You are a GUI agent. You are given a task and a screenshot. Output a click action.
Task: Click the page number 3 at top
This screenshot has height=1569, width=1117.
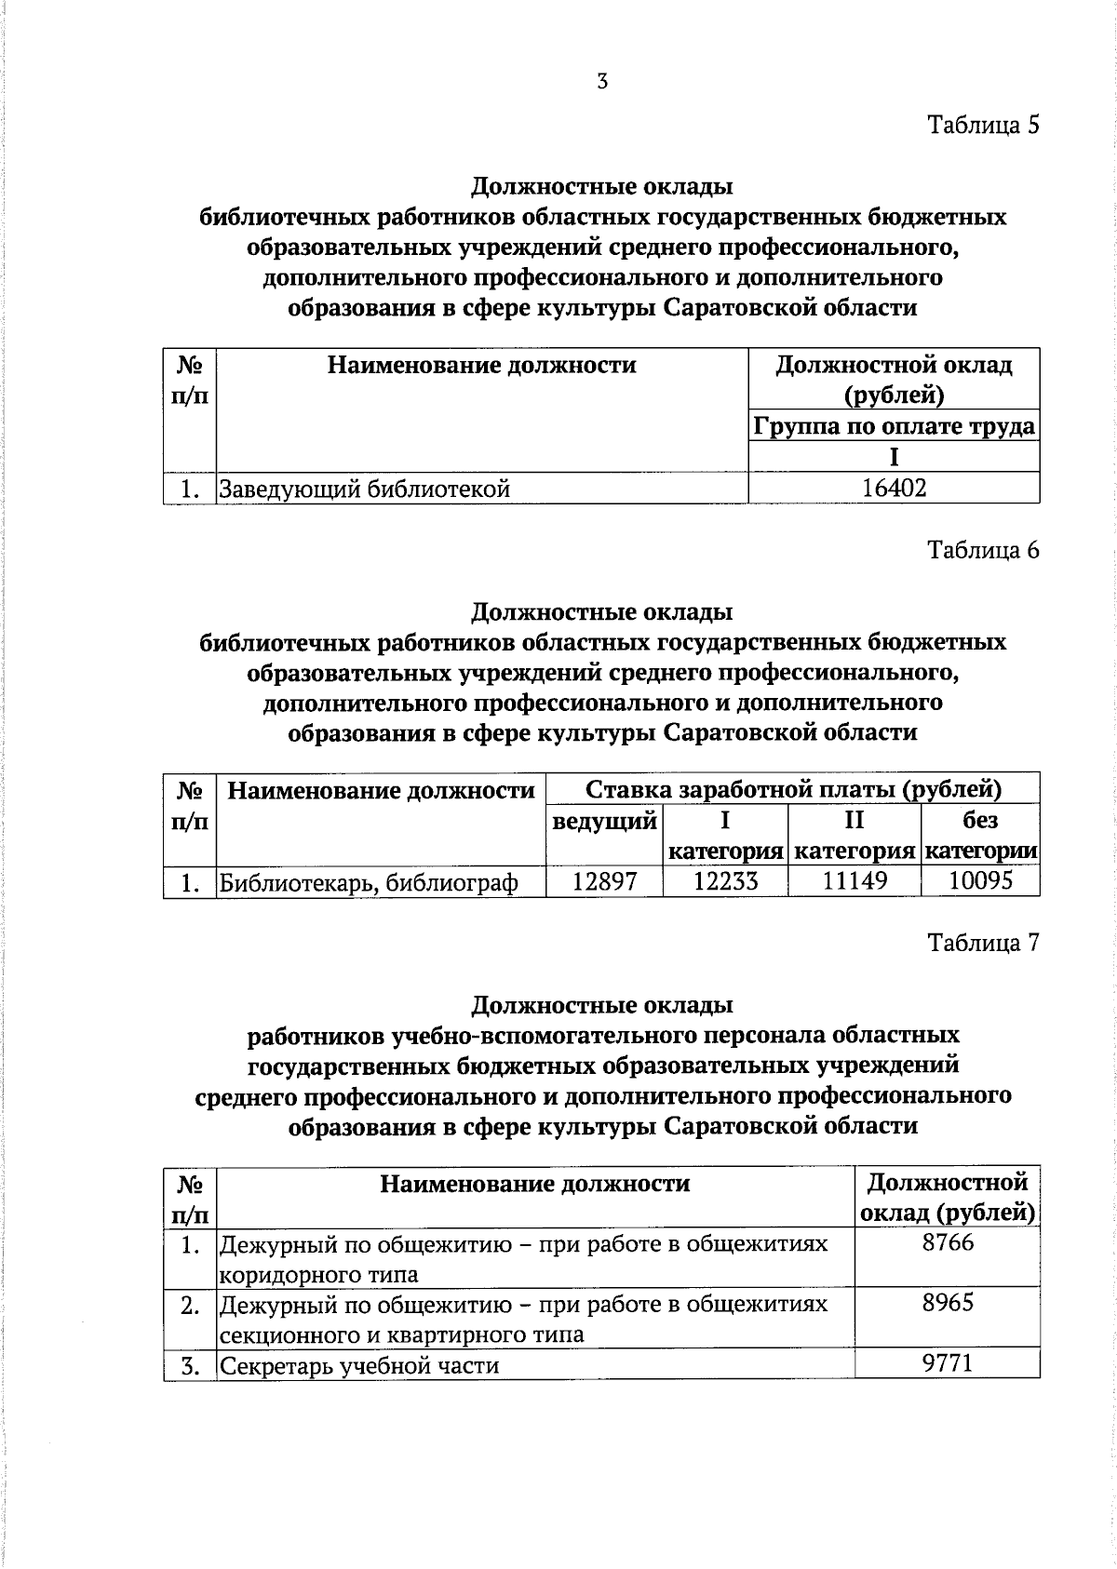602,82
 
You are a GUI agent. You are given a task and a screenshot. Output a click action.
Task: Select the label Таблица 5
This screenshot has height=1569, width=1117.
982,125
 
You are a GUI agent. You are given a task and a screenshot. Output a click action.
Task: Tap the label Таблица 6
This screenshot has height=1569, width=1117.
982,550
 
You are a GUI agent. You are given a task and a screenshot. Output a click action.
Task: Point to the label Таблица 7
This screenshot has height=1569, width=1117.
982,943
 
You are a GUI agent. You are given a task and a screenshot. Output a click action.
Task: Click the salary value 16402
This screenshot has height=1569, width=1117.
894,488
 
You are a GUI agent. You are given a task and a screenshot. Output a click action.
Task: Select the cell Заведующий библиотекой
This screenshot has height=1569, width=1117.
364,488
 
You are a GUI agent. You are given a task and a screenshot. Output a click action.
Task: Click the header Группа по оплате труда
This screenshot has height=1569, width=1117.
894,426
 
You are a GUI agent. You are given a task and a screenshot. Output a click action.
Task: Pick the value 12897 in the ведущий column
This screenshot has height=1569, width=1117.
604,881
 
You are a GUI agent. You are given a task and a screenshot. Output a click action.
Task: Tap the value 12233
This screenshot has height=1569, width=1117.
725,881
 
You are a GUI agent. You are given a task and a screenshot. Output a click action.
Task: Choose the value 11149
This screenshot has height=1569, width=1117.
855,881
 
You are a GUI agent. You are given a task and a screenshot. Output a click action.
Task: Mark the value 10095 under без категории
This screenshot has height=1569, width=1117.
980,880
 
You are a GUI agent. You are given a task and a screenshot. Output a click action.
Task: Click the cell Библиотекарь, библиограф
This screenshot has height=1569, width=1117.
368,882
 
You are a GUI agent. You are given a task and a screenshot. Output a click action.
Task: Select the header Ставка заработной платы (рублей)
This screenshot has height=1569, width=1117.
793,790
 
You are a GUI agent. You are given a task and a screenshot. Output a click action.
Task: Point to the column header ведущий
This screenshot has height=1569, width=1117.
604,822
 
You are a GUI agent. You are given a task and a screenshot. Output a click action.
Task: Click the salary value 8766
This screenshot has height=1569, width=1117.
948,1242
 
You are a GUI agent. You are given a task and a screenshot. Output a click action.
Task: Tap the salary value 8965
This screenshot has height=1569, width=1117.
948,1303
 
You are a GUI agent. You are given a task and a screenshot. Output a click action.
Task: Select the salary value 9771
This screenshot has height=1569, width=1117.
948,1363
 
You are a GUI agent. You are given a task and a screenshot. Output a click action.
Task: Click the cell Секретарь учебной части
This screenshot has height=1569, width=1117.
359,1365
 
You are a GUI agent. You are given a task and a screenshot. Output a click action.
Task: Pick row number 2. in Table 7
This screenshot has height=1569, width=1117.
190,1305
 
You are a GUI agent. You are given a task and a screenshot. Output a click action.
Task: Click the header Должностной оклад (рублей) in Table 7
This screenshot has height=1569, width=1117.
948,1198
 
